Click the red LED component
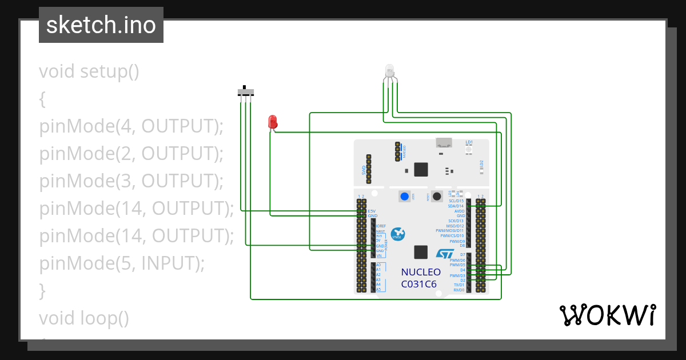point(273,122)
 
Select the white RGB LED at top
point(390,71)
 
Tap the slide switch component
point(246,92)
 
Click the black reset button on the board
point(437,197)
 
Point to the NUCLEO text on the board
point(421,272)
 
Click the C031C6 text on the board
point(418,283)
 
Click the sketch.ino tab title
point(101,25)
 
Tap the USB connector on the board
point(442,143)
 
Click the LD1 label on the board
point(469,142)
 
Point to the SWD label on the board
point(364,170)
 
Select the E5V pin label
point(372,211)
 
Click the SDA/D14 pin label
point(456,206)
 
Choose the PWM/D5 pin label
point(457,265)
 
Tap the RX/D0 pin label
point(458,290)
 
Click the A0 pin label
point(378,265)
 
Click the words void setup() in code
point(89,71)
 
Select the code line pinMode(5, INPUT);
point(121,263)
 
